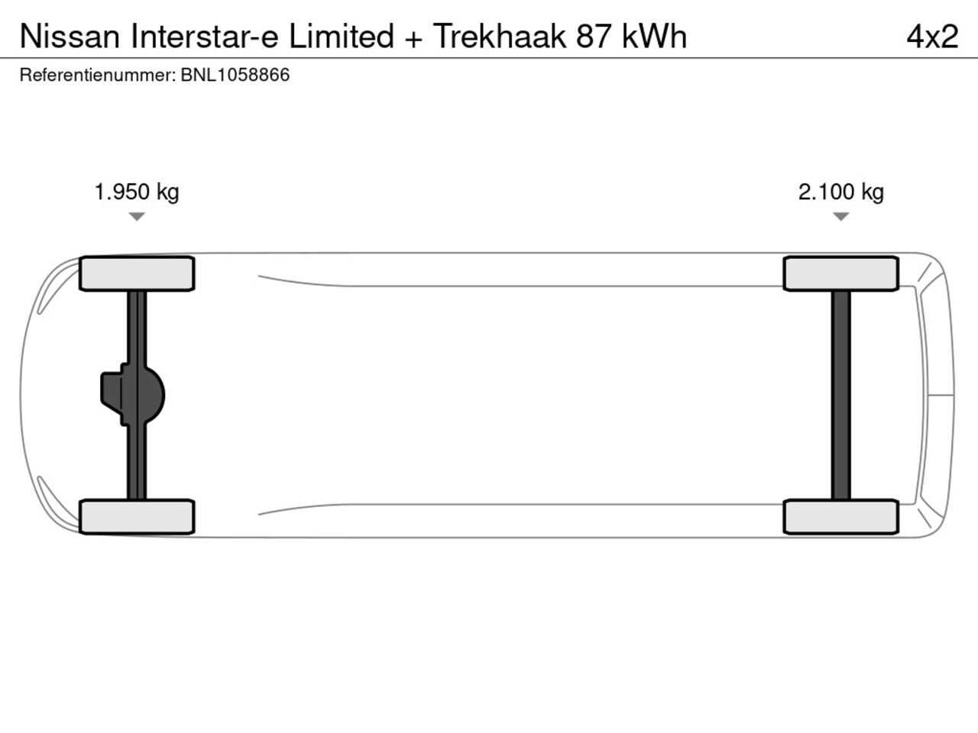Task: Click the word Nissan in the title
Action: click(x=70, y=36)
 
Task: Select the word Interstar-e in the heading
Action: click(x=205, y=36)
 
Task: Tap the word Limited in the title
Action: click(x=342, y=36)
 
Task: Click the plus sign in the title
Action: click(x=413, y=39)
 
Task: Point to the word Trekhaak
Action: click(x=500, y=36)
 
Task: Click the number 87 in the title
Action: click(x=594, y=36)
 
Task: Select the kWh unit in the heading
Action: click(x=655, y=36)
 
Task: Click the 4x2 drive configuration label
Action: click(x=932, y=36)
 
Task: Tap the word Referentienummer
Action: click(x=98, y=75)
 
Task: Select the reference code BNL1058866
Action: click(x=235, y=75)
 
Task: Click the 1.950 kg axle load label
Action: click(x=137, y=192)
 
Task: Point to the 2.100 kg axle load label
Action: click(x=840, y=192)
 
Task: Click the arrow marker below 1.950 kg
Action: click(x=137, y=216)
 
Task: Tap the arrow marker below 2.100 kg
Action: click(x=840, y=216)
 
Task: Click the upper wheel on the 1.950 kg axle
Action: click(x=137, y=273)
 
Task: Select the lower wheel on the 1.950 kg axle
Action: click(x=137, y=517)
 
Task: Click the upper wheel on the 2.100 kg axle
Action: click(x=840, y=273)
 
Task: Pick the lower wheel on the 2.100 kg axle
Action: click(x=840, y=517)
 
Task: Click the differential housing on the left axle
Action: click(x=133, y=395)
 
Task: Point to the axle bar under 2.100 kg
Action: click(x=840, y=396)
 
